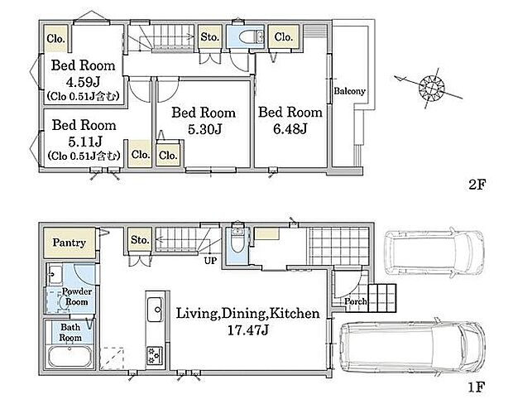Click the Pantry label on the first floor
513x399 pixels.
69,243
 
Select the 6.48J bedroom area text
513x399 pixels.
290,129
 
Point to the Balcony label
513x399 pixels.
349,91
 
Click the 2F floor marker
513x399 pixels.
477,185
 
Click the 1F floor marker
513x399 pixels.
476,387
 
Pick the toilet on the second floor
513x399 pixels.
251,36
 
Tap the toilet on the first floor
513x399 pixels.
237,240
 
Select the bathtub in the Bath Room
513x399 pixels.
70,357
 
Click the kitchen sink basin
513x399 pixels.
155,309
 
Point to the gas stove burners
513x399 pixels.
155,356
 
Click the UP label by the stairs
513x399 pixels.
210,261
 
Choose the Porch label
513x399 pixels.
355,301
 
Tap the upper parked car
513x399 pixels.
434,252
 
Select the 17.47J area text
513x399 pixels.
247,330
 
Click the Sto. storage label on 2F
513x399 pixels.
209,37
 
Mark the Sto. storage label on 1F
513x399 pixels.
140,240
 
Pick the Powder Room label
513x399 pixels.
77,296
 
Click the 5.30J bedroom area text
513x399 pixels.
205,129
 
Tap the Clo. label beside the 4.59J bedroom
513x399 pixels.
55,39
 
